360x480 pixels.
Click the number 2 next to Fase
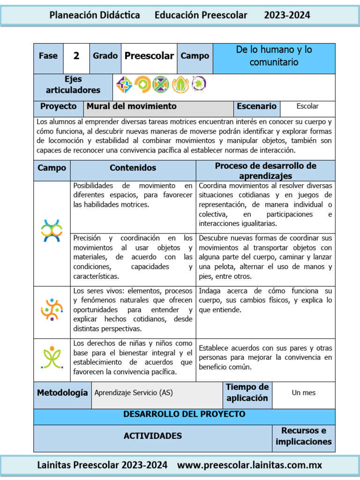point(76,56)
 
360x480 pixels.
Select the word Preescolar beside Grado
point(149,56)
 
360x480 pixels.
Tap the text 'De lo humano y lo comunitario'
point(274,56)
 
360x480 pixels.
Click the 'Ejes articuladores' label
point(73,85)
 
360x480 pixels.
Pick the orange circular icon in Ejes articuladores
point(142,84)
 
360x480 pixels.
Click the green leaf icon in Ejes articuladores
point(180,84)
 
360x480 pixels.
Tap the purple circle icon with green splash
point(199,84)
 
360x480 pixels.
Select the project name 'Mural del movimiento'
point(132,106)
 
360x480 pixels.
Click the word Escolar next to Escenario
point(307,106)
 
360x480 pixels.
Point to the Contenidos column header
point(133,168)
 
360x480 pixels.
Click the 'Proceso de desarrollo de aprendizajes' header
point(265,171)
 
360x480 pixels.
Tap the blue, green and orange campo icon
point(52,231)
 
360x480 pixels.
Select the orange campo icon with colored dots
point(52,310)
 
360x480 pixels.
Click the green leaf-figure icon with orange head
point(52,357)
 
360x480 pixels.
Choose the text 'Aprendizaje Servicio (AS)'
point(134,393)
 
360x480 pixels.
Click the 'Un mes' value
point(304,393)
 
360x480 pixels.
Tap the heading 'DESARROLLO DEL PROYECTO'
point(184,414)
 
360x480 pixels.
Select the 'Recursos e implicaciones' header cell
point(303,436)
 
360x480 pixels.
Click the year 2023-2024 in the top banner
point(287,15)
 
